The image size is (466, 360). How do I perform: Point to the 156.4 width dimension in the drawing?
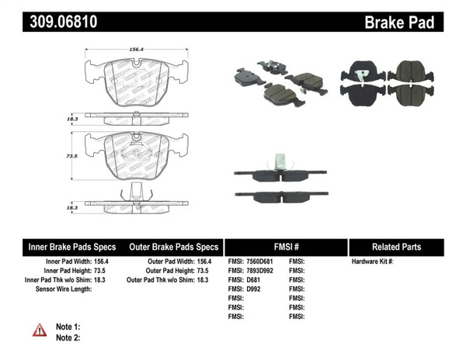point(137,49)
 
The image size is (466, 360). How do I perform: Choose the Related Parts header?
point(396,247)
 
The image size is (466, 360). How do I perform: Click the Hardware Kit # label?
point(373,261)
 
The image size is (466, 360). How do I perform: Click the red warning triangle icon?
point(40,331)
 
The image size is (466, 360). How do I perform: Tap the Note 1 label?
point(68,327)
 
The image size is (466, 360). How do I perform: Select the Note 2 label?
point(68,337)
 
